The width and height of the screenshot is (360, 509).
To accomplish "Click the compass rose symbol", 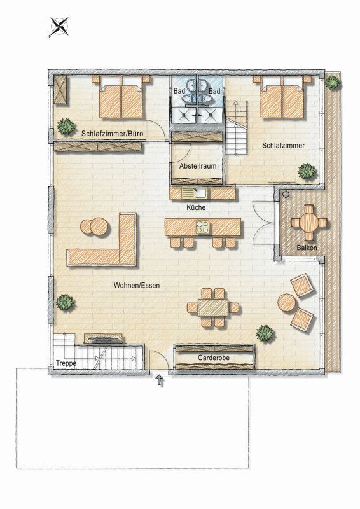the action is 59,27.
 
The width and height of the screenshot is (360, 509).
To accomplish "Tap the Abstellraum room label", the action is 198,166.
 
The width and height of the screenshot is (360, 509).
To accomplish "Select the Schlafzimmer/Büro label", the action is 113,134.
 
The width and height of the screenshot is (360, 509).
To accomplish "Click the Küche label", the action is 196,207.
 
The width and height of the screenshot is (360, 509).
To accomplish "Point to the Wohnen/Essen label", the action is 137,285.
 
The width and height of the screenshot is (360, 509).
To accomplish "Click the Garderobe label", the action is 214,358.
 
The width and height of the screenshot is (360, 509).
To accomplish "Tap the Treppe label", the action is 66,363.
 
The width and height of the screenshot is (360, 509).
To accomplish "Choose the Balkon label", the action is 307,248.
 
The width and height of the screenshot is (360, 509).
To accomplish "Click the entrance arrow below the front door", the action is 160,380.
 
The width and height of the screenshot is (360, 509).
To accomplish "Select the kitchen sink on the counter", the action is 194,193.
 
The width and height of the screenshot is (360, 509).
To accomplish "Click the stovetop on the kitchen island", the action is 202,227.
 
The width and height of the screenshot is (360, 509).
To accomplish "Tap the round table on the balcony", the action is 309,222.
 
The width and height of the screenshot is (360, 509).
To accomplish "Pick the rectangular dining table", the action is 213,307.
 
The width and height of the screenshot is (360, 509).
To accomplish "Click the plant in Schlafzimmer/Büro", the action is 66,126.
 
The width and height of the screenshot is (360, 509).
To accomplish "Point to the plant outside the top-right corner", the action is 333,82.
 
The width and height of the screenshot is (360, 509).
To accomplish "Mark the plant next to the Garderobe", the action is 265,334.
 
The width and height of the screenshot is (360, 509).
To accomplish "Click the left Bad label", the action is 179,91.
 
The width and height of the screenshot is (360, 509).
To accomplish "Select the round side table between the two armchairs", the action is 287,303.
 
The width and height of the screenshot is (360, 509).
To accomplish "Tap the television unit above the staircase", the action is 104,338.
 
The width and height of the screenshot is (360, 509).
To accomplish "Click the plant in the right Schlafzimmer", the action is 307,171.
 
